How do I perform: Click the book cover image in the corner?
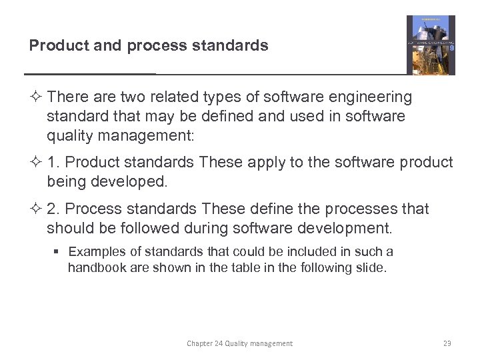tap(431, 45)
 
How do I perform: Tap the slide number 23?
tap(447, 343)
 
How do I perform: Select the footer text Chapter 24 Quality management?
tap(239, 343)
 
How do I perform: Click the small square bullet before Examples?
tap(58, 252)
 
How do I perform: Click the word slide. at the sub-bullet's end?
tap(371, 267)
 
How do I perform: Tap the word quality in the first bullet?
tap(67, 136)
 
